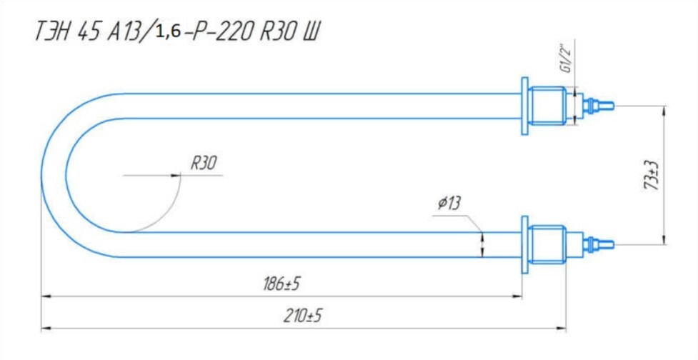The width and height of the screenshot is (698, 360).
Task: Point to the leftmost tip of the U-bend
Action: (41, 175)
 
